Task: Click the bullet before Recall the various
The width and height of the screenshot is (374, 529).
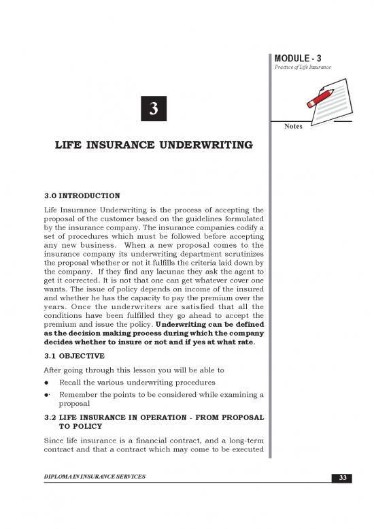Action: click(x=46, y=383)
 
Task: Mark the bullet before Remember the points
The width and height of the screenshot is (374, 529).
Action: click(x=46, y=395)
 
